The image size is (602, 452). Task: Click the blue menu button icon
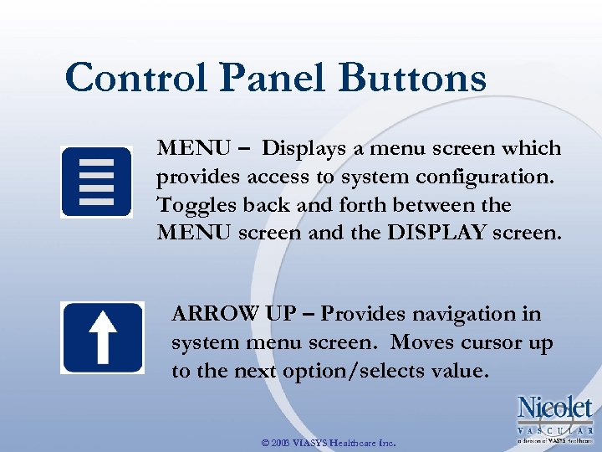(96, 182)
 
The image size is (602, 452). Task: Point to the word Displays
(304, 149)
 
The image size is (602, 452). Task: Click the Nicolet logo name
(554, 409)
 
